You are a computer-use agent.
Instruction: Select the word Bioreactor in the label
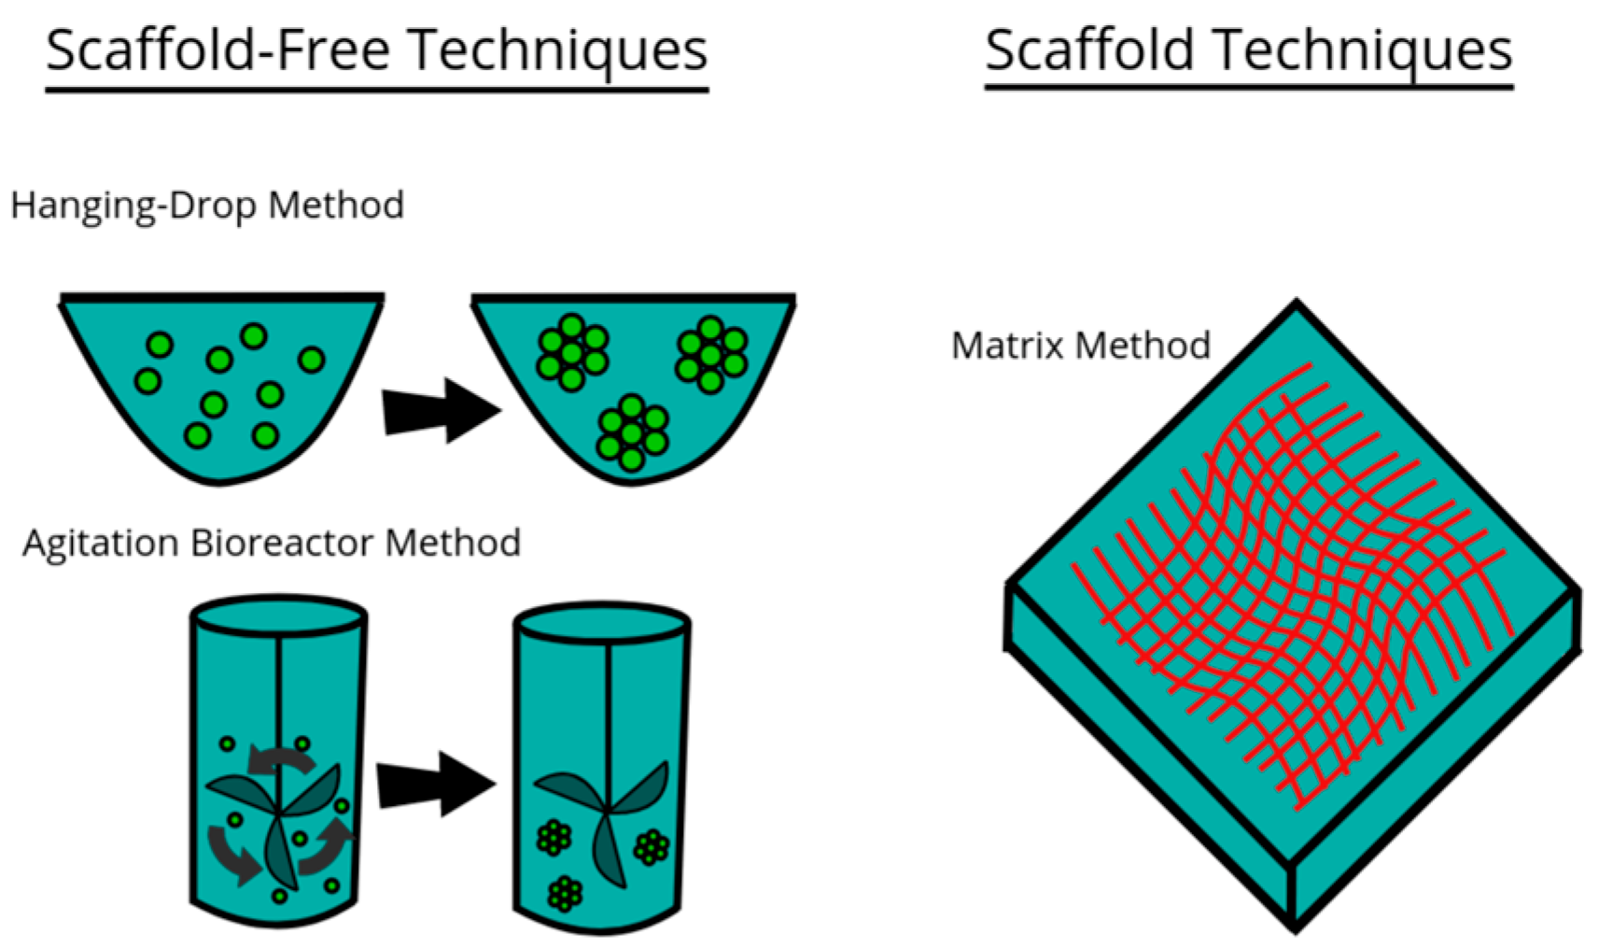[282, 543]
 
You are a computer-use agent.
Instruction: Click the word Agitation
[100, 543]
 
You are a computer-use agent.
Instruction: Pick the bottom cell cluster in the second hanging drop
[632, 432]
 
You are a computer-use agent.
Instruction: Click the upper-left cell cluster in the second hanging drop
[571, 352]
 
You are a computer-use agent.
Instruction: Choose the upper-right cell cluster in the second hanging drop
[711, 354]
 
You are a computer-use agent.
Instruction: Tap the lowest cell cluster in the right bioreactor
[565, 893]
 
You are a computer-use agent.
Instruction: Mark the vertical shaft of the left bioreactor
[278, 691]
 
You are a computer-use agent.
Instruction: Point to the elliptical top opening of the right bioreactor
[602, 624]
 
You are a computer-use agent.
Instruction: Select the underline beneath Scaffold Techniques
[1248, 87]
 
